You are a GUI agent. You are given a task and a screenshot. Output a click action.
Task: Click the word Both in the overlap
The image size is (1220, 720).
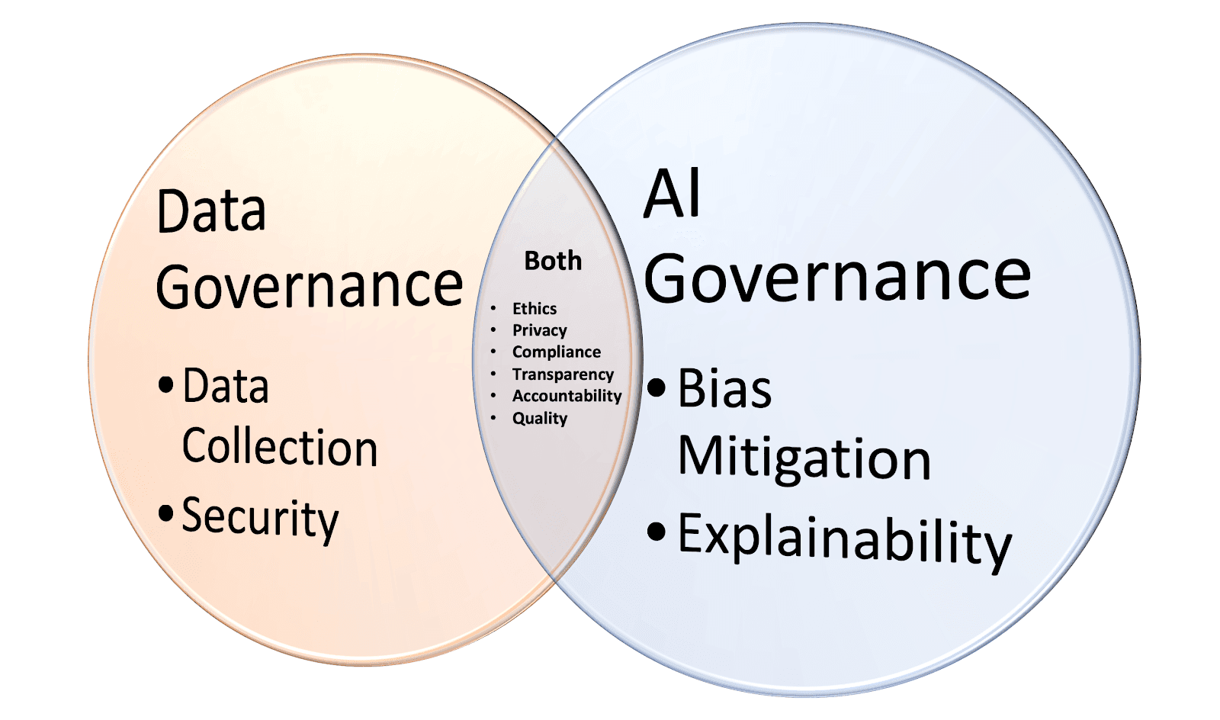(553, 261)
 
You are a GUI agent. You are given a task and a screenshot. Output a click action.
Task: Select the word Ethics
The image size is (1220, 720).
(535, 308)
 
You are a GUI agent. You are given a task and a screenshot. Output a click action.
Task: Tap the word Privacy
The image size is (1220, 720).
(540, 330)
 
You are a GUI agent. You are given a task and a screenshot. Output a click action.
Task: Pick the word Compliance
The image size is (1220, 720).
(557, 352)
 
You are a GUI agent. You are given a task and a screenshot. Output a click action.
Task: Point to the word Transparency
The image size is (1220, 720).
(563, 374)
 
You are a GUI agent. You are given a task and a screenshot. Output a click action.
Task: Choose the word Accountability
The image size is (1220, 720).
(567, 396)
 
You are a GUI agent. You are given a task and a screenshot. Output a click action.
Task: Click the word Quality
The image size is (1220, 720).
(540, 418)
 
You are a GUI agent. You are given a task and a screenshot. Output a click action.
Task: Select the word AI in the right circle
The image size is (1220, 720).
(672, 194)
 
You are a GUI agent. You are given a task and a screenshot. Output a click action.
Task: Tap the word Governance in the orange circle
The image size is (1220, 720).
(310, 286)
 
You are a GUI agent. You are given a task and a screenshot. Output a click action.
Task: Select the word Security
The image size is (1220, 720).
(260, 518)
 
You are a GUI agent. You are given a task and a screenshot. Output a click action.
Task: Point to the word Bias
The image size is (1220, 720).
(724, 389)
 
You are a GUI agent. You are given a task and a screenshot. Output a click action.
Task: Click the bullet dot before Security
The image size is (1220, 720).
(166, 513)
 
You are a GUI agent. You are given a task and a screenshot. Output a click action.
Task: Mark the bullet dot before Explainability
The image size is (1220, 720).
(657, 531)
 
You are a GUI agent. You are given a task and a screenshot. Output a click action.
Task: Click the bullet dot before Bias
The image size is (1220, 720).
(657, 387)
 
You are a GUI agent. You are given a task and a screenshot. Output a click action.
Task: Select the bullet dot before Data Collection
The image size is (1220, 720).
(166, 384)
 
